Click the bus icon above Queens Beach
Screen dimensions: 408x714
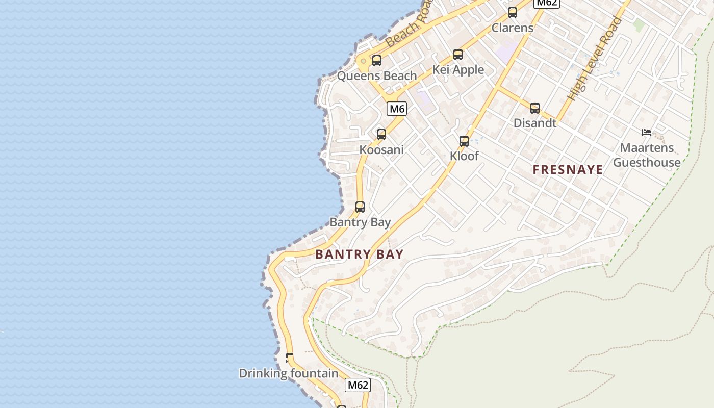coord(377,61)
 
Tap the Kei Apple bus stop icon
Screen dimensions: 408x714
coord(458,55)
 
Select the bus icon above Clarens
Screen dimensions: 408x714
coord(513,13)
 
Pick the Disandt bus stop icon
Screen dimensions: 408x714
coord(535,108)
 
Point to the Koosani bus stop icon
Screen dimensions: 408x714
coord(381,135)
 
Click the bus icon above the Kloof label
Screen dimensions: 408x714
coord(464,141)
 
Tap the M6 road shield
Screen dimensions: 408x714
coord(397,109)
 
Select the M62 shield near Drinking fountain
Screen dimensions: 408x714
coord(358,385)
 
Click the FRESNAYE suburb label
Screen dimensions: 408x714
coord(568,170)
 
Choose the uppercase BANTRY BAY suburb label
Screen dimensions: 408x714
coord(360,254)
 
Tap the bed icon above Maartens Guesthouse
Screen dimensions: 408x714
coord(647,133)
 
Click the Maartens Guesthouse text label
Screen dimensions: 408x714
coord(647,155)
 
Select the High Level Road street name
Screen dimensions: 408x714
coord(595,59)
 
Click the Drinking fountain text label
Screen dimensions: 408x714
coord(289,373)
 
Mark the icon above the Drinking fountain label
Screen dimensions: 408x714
coord(290,358)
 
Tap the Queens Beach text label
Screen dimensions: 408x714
coord(377,76)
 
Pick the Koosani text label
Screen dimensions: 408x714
coord(381,150)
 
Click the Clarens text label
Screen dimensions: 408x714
coord(513,28)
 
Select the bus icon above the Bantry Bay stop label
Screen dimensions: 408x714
coord(360,207)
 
